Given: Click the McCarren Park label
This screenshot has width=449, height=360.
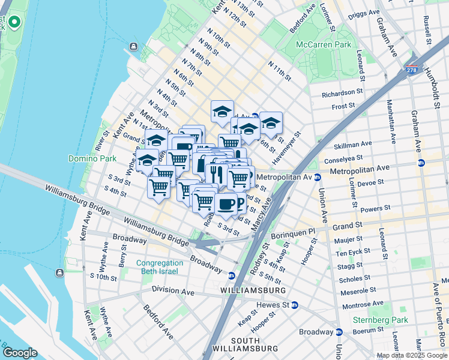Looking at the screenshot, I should coord(323,44).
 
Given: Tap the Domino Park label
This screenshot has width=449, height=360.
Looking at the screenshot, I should coord(87,158).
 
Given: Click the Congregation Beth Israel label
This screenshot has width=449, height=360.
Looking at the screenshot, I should coord(159,267).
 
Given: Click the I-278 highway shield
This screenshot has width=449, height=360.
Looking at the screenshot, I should coord(412,71).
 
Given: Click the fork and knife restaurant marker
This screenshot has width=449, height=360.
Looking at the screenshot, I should coord(215,174).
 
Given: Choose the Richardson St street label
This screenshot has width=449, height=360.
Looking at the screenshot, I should coord(343,93).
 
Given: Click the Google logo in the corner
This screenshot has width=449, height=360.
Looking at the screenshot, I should coord(20,352).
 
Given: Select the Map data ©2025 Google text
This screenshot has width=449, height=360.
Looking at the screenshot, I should coord(411,355).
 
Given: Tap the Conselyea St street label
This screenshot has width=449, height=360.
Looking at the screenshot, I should coord(344,160).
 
